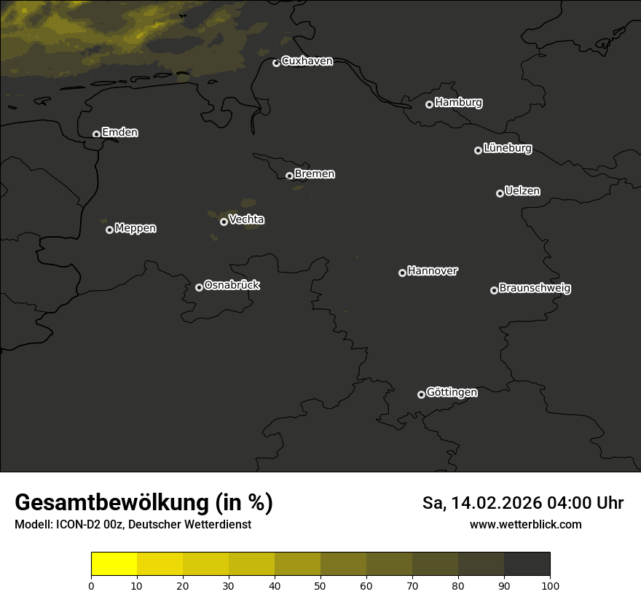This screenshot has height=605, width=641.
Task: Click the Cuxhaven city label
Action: pyautogui.click(x=307, y=61)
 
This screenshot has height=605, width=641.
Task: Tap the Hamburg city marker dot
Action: pyautogui.click(x=429, y=104)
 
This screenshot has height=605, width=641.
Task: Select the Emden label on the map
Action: pyautogui.click(x=119, y=133)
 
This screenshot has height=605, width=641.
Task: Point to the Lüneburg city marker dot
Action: pyautogui.click(x=478, y=150)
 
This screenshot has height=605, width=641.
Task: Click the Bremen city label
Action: pyautogui.click(x=315, y=174)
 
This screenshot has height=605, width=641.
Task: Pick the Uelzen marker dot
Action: pyautogui.click(x=500, y=193)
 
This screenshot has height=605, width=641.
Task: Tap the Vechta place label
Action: pyautogui.click(x=246, y=219)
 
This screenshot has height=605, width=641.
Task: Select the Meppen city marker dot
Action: pyautogui.click(x=109, y=230)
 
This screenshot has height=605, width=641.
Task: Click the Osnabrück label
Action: pyautogui.click(x=232, y=285)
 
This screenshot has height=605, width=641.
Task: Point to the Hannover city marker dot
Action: pyautogui.click(x=402, y=273)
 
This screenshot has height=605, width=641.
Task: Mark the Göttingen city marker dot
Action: pyautogui.click(x=421, y=394)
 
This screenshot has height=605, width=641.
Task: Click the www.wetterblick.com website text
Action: pyautogui.click(x=525, y=524)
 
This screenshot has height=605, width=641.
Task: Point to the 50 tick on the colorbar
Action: pyautogui.click(x=320, y=585)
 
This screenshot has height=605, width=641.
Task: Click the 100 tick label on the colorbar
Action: pyautogui.click(x=550, y=585)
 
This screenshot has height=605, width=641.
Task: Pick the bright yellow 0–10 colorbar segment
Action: pyautogui.click(x=114, y=564)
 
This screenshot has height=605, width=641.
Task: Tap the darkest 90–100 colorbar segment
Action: pyautogui.click(x=527, y=564)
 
